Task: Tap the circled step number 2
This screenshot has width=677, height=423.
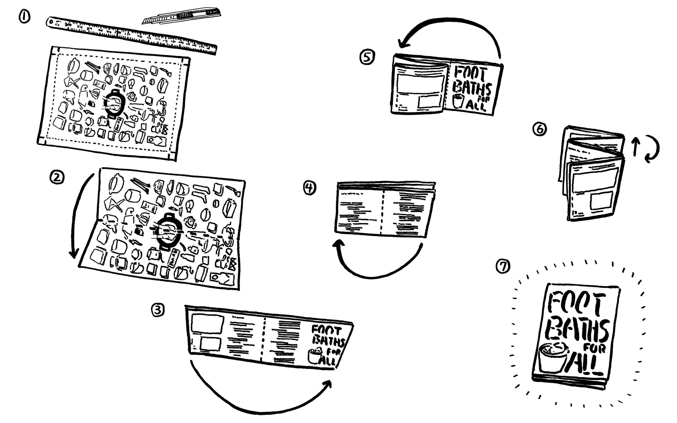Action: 57,178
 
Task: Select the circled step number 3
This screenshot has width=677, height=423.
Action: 158,310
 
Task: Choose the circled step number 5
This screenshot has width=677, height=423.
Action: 367,57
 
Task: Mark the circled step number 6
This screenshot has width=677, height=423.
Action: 539,129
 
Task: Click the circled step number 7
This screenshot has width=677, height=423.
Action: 503,266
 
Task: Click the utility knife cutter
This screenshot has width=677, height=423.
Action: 182,16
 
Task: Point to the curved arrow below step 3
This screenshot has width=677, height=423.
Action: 261,400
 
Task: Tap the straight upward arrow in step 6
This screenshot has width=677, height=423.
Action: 634,147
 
